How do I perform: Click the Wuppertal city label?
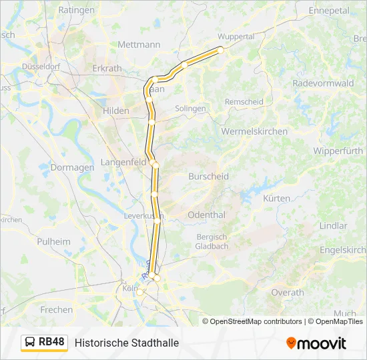(236, 36)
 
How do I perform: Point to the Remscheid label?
(245, 101)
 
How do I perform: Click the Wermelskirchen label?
(254, 131)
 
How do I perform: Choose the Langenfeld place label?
(123, 162)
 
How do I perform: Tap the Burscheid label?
(208, 177)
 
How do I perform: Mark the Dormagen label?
(70, 167)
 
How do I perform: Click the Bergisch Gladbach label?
(212, 241)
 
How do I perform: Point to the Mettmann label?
(139, 45)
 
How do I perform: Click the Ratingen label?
(77, 10)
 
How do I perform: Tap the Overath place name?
(288, 292)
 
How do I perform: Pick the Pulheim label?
(54, 241)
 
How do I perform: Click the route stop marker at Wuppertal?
(221, 49)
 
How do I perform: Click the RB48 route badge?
(51, 342)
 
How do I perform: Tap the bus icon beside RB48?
(31, 343)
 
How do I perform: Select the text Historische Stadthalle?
(127, 343)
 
